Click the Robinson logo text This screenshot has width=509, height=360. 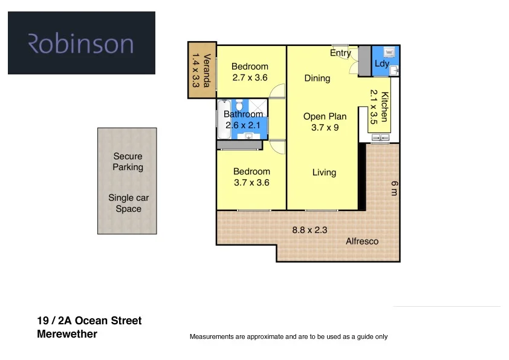tap(81, 44)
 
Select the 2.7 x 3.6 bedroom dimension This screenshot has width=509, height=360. tap(250, 77)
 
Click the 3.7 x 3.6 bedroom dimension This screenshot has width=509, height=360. tap(251, 182)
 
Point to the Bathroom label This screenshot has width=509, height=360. tap(244, 114)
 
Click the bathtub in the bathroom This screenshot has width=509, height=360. tap(220, 120)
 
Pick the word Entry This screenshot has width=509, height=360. tap(340, 53)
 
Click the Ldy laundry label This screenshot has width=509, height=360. tap(381, 64)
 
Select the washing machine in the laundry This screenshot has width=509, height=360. tap(389, 53)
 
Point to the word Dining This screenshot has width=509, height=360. tap(317, 78)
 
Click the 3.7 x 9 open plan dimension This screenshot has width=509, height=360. tap(325, 127)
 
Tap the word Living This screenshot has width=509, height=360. tap(324, 172)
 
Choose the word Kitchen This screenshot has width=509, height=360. tap(384, 106)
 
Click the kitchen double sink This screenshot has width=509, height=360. tap(380, 139)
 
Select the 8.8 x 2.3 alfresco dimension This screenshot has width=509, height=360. tap(310, 230)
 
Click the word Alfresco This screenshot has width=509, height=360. tap(362, 241)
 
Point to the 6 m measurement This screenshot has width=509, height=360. tap(393, 188)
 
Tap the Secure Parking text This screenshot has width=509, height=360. tap(128, 162)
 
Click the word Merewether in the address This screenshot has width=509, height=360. tap(67, 334)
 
